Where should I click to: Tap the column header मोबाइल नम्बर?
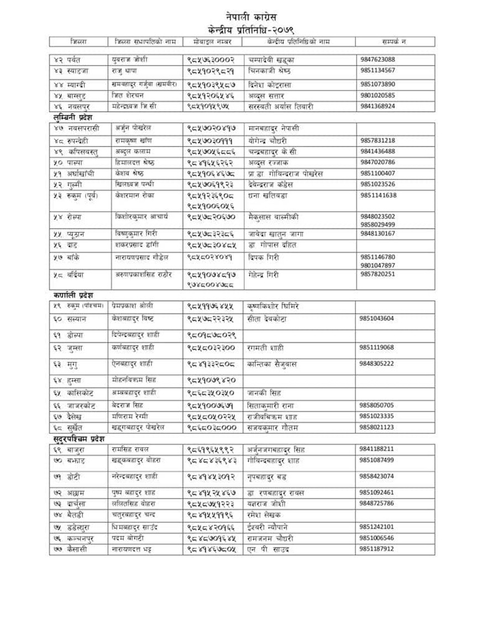(212, 41)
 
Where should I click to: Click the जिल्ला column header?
(78, 41)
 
